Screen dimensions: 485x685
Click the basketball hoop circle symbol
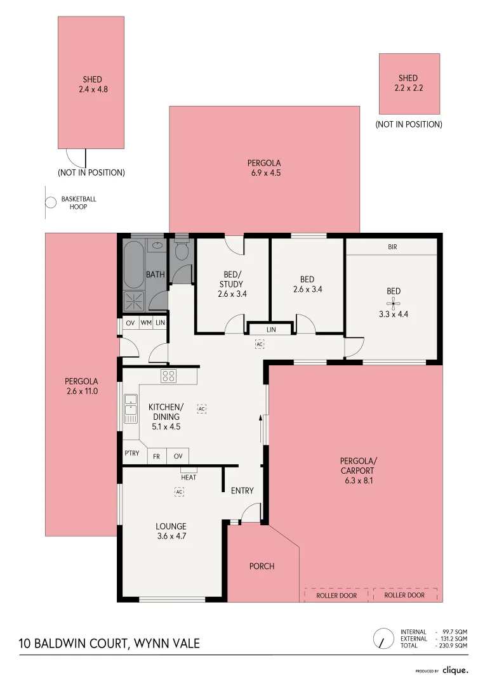[x=51, y=203]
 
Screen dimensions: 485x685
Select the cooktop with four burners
[x=168, y=375]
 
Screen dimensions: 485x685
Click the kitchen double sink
[x=130, y=409]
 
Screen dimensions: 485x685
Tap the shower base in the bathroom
[x=133, y=301]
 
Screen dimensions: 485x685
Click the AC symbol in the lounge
[x=179, y=492]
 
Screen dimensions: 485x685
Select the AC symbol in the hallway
[x=260, y=344]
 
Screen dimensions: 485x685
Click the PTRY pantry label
[x=132, y=453]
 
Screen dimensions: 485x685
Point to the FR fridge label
[x=157, y=457]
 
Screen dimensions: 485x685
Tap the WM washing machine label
[x=146, y=323]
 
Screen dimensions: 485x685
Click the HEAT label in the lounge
[x=189, y=478]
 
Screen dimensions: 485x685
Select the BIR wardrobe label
[x=393, y=247]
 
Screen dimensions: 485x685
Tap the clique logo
[x=455, y=670]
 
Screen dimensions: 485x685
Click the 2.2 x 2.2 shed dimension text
[x=408, y=88]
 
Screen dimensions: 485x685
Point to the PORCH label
[x=262, y=566]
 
